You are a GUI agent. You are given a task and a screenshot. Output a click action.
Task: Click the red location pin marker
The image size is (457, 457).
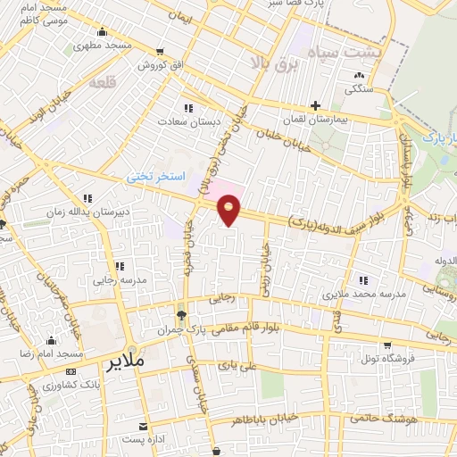pyautogui.click(x=229, y=211)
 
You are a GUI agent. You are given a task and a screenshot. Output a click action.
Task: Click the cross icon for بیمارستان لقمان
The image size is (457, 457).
pyautogui.click(x=315, y=105)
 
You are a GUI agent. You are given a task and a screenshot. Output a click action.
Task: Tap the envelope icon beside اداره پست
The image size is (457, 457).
pyautogui.click(x=143, y=426)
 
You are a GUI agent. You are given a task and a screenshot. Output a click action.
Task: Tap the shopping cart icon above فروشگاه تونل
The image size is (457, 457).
pyautogui.click(x=386, y=345)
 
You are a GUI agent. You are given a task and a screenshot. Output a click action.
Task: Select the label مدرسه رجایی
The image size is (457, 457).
pyautogui.click(x=95, y=279)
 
